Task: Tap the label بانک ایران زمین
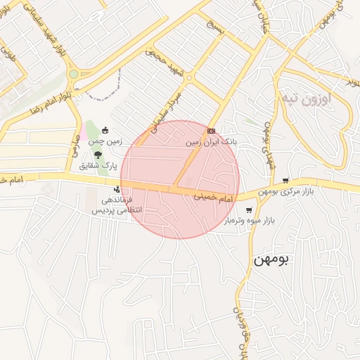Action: click(212, 141)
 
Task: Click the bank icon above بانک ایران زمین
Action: click(212, 131)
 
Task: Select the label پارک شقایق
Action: click(93, 166)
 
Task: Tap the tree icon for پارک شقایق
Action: click(96, 154)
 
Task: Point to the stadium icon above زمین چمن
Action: click(105, 130)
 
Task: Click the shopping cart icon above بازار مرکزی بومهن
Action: click(285, 181)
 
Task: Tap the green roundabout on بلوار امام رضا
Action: click(73, 74)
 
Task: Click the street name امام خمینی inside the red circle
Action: click(213, 200)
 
